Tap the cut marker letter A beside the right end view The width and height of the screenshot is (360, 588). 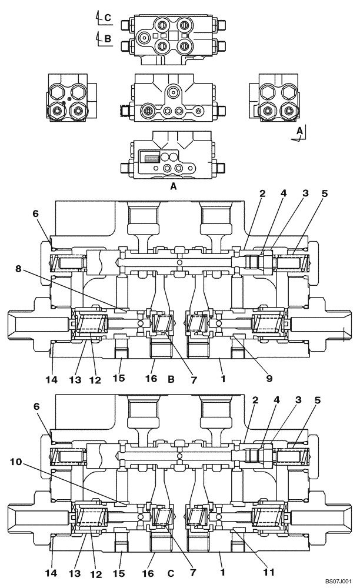click(x=299, y=131)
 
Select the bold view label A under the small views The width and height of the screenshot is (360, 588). click(x=173, y=186)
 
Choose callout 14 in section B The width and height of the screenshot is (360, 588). click(x=52, y=380)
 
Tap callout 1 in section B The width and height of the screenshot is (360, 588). click(x=222, y=380)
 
